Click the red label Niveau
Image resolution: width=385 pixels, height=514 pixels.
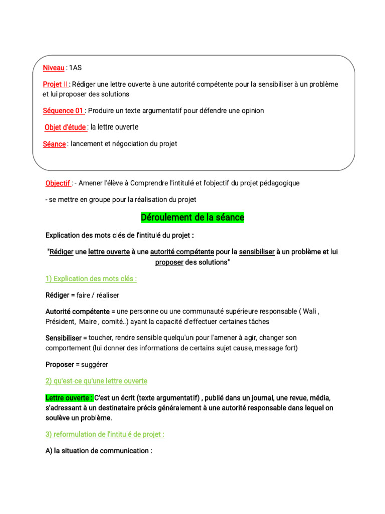point(53,68)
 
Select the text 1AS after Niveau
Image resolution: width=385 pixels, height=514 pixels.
point(75,68)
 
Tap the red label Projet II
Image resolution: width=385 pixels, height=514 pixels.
point(55,84)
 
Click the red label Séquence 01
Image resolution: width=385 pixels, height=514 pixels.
point(63,111)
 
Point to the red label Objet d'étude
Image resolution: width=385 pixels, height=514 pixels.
point(66,127)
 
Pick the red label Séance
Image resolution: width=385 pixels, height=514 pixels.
point(54,144)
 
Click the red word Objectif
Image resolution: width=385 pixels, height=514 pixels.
point(58,183)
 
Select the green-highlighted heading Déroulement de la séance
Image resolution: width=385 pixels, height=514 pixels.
point(192,218)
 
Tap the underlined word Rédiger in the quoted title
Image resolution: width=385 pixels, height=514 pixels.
point(61,252)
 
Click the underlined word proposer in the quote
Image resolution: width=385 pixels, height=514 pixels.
point(169,263)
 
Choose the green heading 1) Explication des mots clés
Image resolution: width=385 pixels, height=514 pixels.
point(91,279)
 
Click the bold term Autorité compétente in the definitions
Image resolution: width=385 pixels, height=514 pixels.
point(77,312)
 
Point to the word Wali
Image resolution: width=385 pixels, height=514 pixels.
point(310,312)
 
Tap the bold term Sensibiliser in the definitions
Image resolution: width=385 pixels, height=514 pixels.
point(64,338)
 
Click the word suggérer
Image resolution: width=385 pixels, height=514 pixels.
point(92,364)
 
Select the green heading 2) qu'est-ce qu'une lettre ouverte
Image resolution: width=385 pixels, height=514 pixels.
point(96,381)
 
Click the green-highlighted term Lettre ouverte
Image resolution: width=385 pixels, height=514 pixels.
point(69,398)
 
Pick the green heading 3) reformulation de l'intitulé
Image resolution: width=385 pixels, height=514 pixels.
point(105,434)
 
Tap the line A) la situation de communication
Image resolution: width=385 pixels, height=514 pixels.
point(99,451)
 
